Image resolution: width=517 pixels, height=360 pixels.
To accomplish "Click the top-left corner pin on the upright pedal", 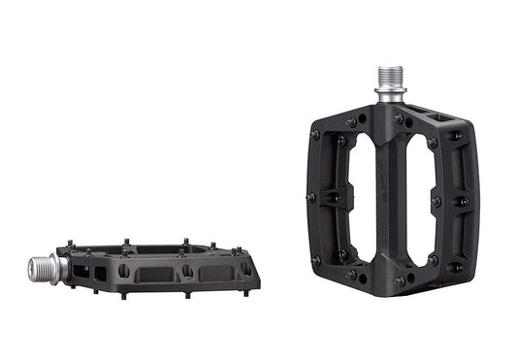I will [x=315, y=134].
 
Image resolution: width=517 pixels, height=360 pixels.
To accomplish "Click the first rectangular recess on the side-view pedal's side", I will [x=151, y=274].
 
